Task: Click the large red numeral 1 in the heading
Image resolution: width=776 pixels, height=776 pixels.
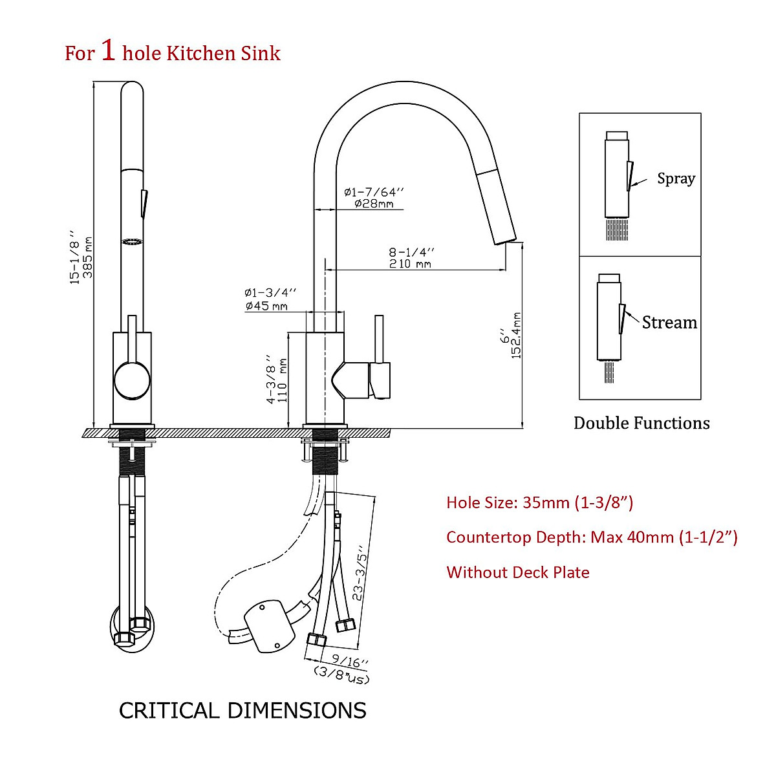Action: [108, 50]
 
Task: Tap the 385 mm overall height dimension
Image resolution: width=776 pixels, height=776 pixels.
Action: [88, 257]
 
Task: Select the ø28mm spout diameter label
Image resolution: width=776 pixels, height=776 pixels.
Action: [374, 204]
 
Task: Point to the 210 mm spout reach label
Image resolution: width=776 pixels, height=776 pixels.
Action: [410, 264]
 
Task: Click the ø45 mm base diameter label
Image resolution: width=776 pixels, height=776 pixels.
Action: [266, 306]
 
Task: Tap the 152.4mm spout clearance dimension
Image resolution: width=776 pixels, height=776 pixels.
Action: [517, 336]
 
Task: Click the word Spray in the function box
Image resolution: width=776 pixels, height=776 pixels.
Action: [676, 178]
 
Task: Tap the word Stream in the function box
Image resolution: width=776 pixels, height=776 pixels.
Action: [669, 322]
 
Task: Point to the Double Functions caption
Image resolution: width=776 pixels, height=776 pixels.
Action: [641, 423]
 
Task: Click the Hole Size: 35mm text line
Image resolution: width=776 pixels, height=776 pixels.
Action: [539, 502]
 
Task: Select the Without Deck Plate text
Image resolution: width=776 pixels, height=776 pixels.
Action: [517, 572]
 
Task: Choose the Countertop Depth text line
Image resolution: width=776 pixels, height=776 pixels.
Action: [592, 537]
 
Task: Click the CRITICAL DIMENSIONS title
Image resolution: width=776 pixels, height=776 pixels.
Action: [242, 711]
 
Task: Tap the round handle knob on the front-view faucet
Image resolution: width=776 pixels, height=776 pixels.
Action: [132, 380]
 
